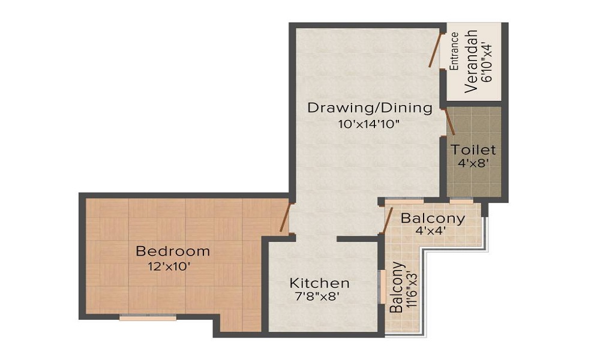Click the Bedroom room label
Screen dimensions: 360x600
[173, 251]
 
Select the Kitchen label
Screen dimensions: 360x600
[319, 283]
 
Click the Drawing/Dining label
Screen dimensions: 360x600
[370, 108]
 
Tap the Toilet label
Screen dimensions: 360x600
[474, 149]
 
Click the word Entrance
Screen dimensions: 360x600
[454, 52]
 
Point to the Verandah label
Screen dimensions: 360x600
[472, 60]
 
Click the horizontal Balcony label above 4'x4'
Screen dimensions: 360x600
[433, 218]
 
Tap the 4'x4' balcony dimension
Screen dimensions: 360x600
[431, 230]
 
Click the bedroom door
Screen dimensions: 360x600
[286, 217]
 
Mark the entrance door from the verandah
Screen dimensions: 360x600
[436, 50]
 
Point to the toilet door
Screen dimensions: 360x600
[449, 121]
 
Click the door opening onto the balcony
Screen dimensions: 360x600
[387, 220]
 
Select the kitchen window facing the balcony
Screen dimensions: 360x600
[381, 287]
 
